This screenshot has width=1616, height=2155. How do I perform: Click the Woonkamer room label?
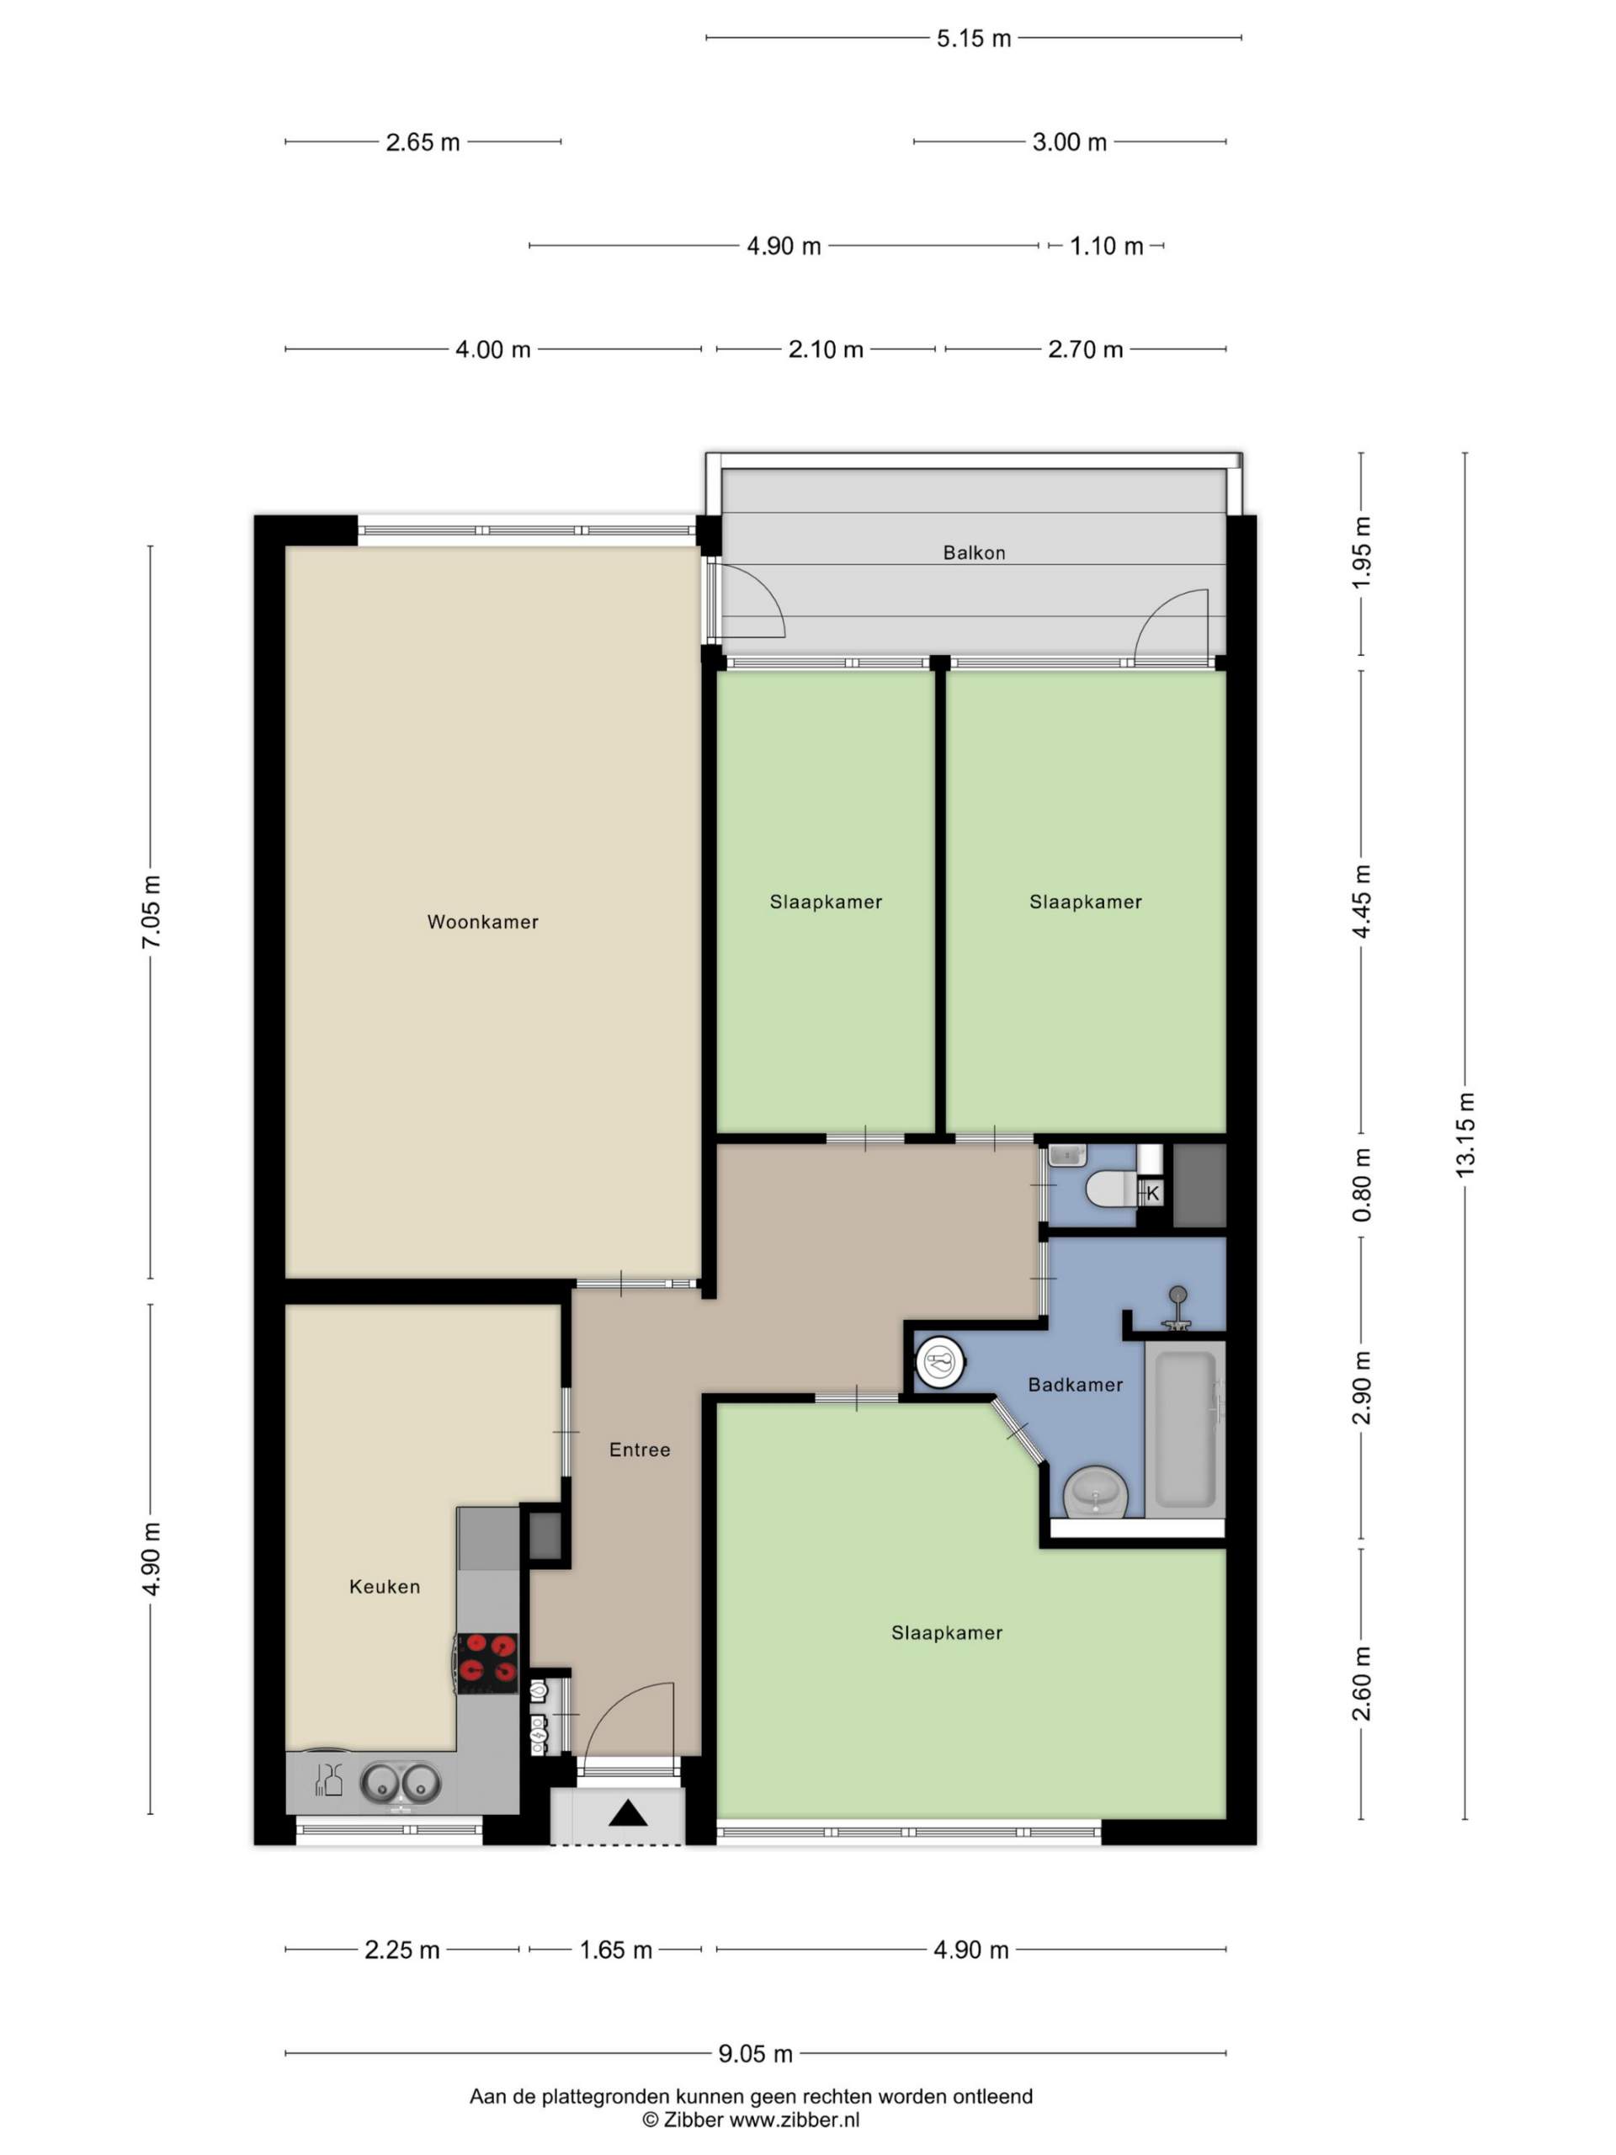tap(482, 922)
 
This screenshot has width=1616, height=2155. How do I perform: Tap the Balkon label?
tap(973, 552)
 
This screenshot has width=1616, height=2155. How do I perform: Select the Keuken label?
tap(385, 1586)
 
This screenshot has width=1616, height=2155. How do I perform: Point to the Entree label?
tap(639, 1450)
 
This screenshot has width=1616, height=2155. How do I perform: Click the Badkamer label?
tap(1076, 1385)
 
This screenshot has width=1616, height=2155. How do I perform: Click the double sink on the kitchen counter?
tap(401, 1784)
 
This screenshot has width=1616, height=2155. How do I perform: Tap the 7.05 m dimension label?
tap(150, 912)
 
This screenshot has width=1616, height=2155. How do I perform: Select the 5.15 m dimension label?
tap(974, 38)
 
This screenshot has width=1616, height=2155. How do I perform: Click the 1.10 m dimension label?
tap(1107, 246)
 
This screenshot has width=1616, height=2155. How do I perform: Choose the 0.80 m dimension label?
tap(1362, 1184)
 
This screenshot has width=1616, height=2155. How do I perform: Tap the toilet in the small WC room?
tap(1110, 1189)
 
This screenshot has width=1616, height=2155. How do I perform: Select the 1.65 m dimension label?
tap(615, 1950)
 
